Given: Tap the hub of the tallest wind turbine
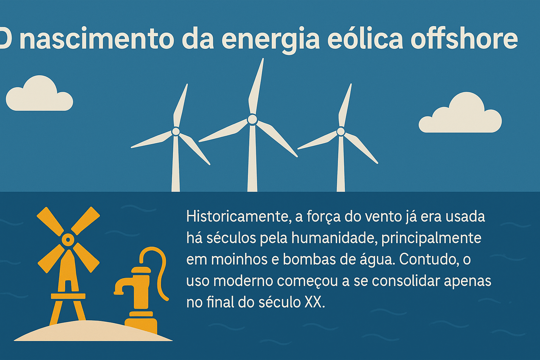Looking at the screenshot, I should point(252,120).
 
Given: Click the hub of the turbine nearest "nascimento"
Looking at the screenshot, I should point(176,131).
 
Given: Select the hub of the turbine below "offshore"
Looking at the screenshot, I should point(341,131).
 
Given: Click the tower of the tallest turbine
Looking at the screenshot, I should point(252,162).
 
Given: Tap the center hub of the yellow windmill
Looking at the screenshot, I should point(67,240).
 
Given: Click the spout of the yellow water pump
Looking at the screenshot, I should point(120,287).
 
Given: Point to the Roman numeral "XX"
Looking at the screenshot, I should point(313,302).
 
